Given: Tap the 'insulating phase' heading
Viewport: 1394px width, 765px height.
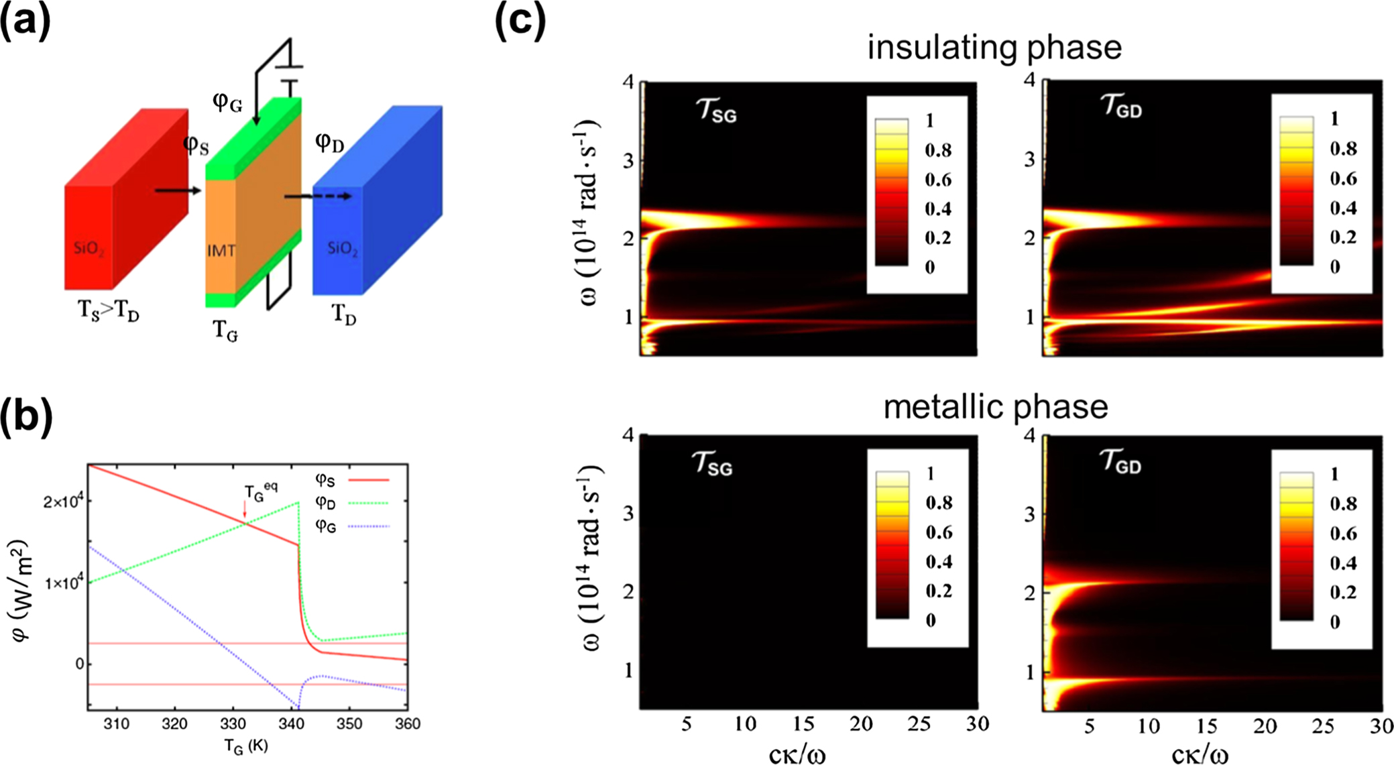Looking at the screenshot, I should click(x=994, y=48).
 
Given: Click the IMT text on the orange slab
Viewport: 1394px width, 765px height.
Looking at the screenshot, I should click(x=221, y=251).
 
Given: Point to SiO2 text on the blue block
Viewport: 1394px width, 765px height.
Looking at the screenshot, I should click(x=342, y=249).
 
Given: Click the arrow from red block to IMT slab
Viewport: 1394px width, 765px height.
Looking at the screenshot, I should click(x=178, y=191).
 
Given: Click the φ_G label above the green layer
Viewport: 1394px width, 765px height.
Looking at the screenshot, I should click(x=227, y=102).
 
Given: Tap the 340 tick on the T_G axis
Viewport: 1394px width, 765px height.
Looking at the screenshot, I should click(x=291, y=724).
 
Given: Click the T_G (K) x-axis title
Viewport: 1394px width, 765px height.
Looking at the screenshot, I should click(x=245, y=746).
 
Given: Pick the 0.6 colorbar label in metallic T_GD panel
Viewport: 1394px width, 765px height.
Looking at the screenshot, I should click(x=1343, y=534).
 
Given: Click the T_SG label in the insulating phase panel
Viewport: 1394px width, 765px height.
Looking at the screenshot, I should click(x=717, y=110).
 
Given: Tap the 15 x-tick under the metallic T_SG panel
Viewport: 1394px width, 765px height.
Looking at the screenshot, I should click(x=803, y=724).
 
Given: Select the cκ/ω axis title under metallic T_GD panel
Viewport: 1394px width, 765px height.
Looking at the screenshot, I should click(x=1200, y=755).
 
